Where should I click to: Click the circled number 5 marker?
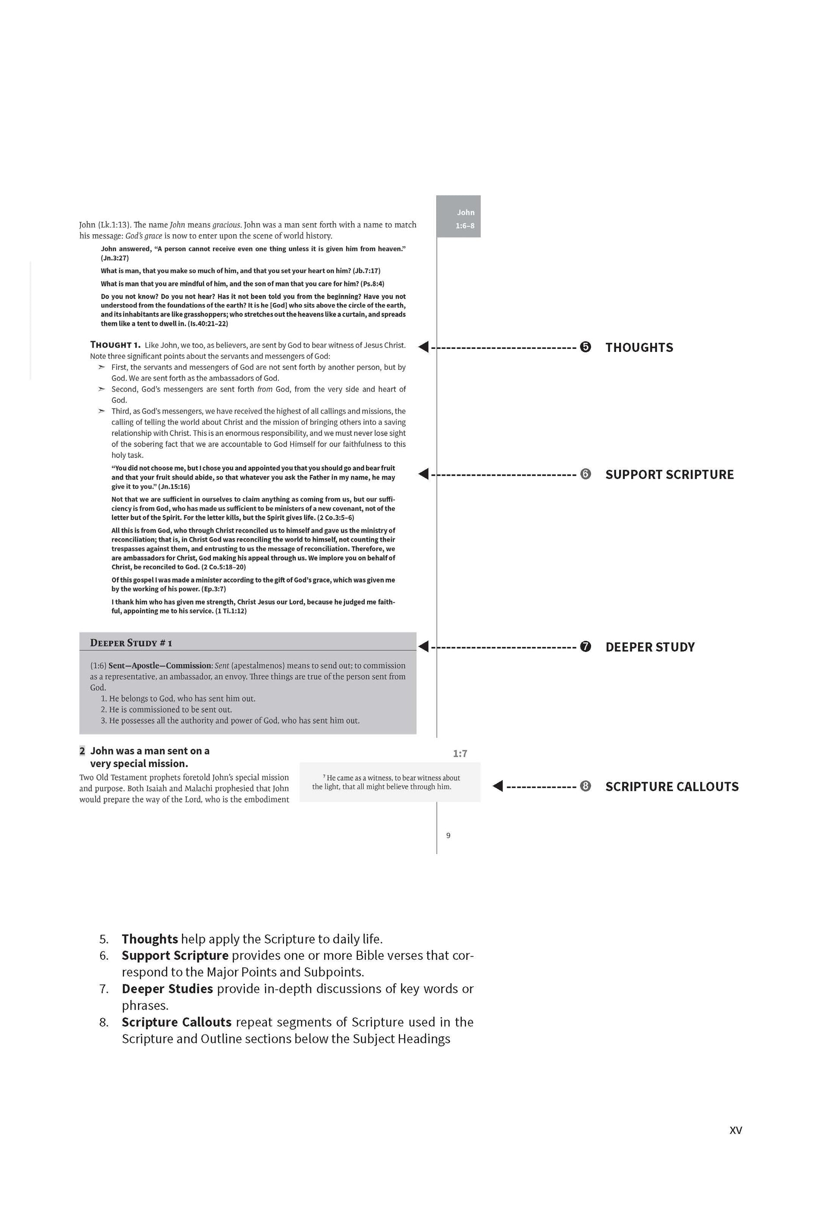tap(585, 347)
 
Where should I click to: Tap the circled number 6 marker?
tap(585, 474)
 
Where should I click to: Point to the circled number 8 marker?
tap(585, 786)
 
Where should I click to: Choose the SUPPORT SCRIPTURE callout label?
tap(669, 475)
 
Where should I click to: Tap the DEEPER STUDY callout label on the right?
tap(650, 647)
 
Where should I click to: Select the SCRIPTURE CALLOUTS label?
tap(672, 787)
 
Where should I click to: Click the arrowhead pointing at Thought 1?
tap(423, 347)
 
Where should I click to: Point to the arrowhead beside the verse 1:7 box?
tap(498, 786)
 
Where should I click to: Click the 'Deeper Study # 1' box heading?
tap(131, 643)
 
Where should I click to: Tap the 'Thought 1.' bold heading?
tap(115, 345)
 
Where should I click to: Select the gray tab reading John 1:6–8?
tap(459, 216)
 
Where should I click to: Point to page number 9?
tap(448, 835)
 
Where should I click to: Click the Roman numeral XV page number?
tap(736, 1130)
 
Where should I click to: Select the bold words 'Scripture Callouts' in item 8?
tap(177, 1022)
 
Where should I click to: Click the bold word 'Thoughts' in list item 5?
tap(150, 939)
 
